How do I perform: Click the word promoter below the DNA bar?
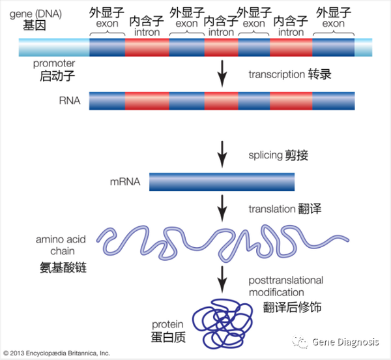click(x=54, y=64)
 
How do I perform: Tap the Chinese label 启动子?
click(x=57, y=76)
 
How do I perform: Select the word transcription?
click(x=276, y=74)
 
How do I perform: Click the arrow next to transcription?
click(x=222, y=73)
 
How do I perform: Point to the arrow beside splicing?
click(x=222, y=154)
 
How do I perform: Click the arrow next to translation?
click(x=222, y=208)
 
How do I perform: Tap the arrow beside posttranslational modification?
click(x=222, y=279)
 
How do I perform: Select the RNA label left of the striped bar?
click(x=70, y=100)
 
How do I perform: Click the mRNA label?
click(x=125, y=181)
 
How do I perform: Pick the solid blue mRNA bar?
click(x=222, y=182)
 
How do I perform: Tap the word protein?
click(x=167, y=324)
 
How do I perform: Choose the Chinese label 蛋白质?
click(x=168, y=337)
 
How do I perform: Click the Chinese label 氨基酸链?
click(x=63, y=267)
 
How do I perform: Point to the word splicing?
click(x=265, y=155)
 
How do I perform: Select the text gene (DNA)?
click(x=36, y=14)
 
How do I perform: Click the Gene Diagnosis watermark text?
click(x=345, y=342)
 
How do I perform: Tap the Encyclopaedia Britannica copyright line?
click(x=57, y=353)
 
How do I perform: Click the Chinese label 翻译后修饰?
click(x=292, y=307)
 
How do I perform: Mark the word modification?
click(x=276, y=292)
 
